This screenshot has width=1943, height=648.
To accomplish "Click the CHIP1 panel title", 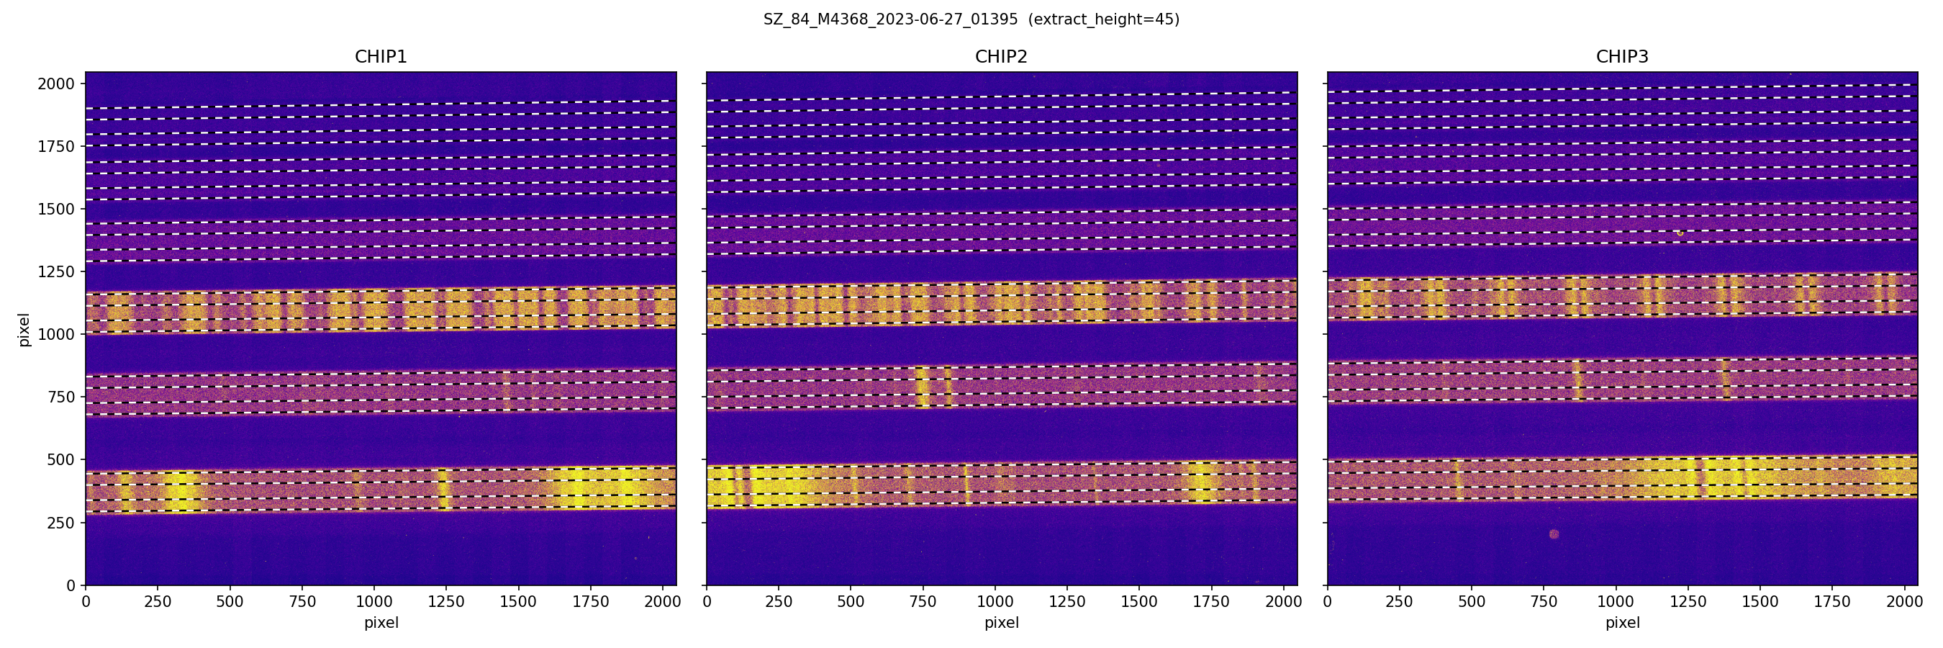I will [381, 57].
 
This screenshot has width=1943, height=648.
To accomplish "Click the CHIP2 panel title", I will [1001, 57].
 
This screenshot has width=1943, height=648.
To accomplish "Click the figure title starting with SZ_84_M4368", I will [891, 19].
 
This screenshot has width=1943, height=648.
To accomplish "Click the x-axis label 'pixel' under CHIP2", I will [1001, 623].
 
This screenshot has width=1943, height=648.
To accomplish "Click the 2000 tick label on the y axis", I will [56, 84].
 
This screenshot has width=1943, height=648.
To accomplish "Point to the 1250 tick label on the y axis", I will [56, 271].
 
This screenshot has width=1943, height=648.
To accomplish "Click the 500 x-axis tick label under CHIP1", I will [230, 602].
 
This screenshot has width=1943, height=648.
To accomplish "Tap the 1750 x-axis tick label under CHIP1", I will [590, 602].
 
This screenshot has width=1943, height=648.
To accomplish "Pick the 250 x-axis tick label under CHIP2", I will [779, 602].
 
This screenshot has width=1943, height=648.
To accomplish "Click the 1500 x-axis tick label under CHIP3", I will [1759, 602].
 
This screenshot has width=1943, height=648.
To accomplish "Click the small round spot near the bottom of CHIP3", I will [1554, 534].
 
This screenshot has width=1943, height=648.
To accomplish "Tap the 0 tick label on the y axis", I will [71, 585].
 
